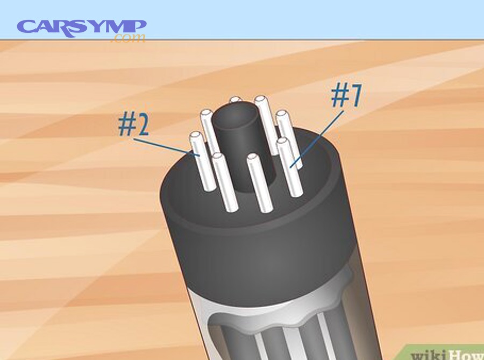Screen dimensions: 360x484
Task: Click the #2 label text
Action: coord(133,124)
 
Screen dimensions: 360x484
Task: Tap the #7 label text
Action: coord(346,96)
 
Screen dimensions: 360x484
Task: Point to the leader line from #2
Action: coord(167,147)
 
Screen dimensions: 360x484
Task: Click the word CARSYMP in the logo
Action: coord(81,26)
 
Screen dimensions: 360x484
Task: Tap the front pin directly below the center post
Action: coord(259,183)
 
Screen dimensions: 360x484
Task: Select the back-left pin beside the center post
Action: coord(210,132)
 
